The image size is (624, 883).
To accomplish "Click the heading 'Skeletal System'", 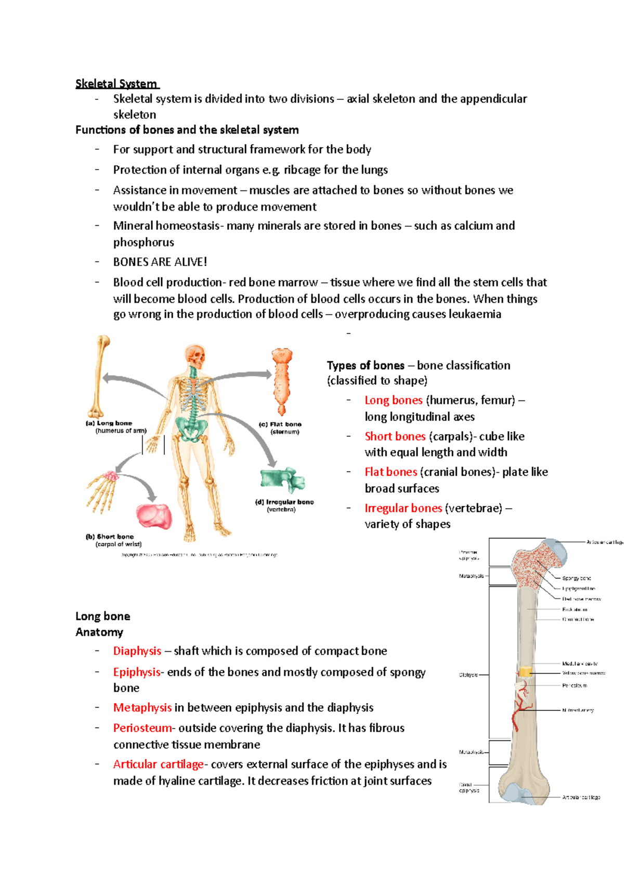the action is [116, 84].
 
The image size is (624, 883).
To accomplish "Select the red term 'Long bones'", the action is [393, 400].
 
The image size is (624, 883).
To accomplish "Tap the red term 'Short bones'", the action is [395, 436].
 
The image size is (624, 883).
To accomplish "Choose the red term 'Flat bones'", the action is [391, 472].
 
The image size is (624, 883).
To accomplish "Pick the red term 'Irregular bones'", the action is [403, 508].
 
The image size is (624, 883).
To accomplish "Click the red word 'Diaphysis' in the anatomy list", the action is [137, 651].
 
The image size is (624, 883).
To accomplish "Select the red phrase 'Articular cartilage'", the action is [158, 764].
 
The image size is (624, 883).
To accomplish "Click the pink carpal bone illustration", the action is [153, 515].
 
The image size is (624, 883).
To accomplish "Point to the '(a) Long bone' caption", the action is [109, 423].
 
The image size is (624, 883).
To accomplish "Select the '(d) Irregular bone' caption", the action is [284, 502].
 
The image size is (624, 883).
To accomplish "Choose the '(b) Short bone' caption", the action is [110, 537].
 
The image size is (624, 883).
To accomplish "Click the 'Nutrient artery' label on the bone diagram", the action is [578, 710].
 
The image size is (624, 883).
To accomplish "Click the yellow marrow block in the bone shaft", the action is [525, 672].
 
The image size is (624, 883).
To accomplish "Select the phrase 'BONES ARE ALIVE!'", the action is [160, 262].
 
